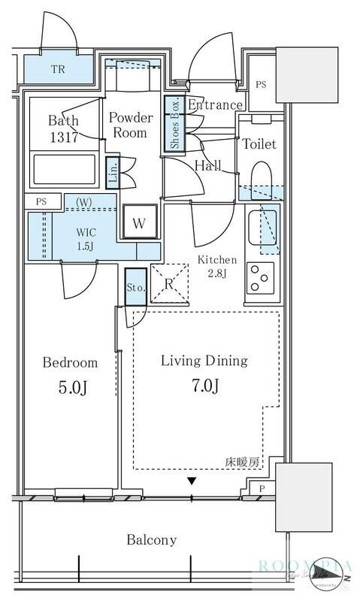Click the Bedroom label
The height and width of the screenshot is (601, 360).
[70, 363]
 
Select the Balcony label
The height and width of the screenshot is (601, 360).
[152, 539]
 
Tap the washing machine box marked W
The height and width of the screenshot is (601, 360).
[139, 222]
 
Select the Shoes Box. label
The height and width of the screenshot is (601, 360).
[174, 123]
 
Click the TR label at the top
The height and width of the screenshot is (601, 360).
[58, 71]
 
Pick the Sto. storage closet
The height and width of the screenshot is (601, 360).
[135, 286]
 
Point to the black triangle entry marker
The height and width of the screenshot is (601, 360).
[192, 481]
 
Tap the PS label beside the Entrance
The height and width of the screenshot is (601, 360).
[260, 84]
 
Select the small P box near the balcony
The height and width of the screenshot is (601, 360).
[261, 489]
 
